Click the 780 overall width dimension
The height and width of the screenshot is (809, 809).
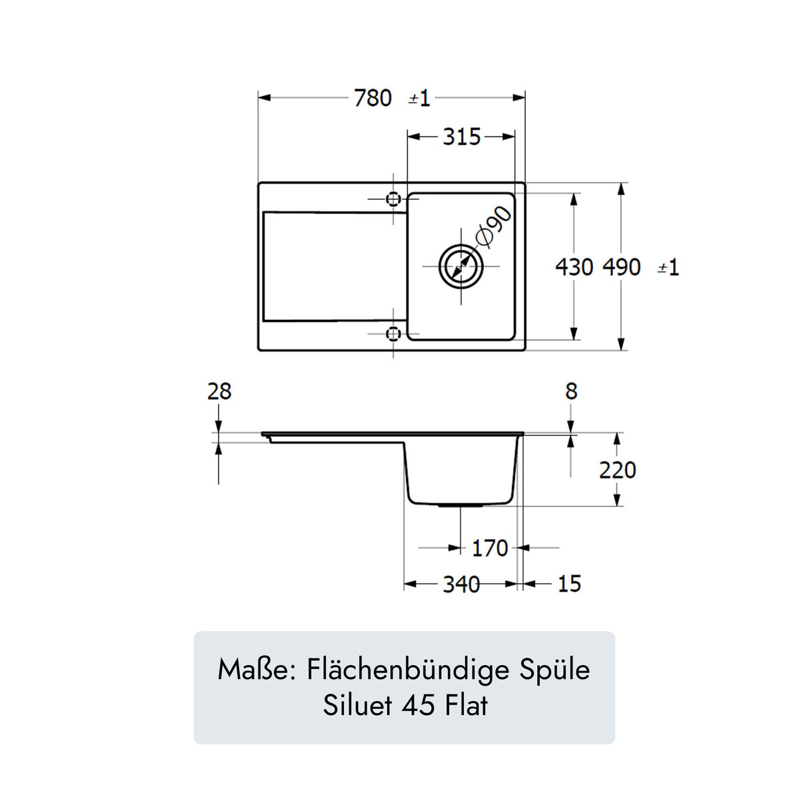[x=373, y=98]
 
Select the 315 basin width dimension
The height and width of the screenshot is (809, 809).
[x=461, y=137]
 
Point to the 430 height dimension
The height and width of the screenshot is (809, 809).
[x=574, y=267]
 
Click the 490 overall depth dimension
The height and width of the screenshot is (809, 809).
[x=622, y=267]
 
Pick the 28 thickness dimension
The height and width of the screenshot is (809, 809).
[x=219, y=391]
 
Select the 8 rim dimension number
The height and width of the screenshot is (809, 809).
[x=571, y=391]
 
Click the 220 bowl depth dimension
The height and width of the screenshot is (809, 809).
[x=617, y=470]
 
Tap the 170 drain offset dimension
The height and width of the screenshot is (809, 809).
[x=490, y=548]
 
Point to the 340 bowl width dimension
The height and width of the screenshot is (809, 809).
[x=461, y=584]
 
